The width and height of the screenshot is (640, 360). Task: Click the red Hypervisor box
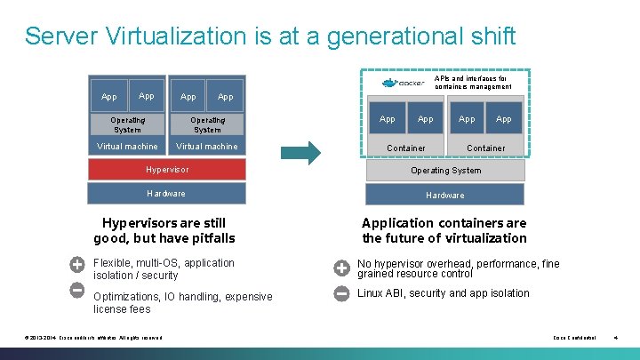(x=166, y=169)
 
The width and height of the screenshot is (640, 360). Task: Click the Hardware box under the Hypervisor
(x=166, y=193)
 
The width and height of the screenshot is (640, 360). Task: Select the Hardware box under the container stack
(x=444, y=195)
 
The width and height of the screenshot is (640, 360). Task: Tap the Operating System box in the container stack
(x=444, y=170)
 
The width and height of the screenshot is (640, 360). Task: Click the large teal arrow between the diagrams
(x=307, y=152)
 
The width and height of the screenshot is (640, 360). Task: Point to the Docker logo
(x=402, y=83)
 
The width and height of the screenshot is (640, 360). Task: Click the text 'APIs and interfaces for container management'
(x=473, y=82)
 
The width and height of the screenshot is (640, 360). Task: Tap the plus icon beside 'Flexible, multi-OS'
(x=77, y=264)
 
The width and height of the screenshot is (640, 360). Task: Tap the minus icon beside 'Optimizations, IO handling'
(x=77, y=290)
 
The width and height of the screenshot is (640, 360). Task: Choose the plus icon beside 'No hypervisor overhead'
(x=341, y=268)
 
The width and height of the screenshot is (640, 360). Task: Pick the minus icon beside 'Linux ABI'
(x=341, y=293)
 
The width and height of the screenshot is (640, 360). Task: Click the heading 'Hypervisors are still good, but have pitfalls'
(x=164, y=230)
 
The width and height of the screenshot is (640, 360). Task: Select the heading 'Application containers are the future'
(x=444, y=230)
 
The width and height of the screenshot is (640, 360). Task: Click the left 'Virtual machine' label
(x=127, y=147)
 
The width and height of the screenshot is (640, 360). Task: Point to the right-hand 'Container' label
(x=485, y=148)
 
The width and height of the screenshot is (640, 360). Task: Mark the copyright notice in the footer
(x=94, y=338)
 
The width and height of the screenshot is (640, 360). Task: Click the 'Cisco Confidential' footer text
(x=574, y=338)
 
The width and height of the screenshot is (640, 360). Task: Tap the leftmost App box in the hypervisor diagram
(x=108, y=96)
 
